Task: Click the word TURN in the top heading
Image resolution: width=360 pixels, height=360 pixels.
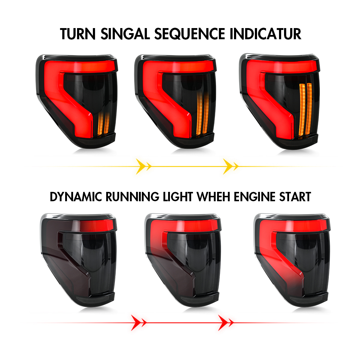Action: pos(78,34)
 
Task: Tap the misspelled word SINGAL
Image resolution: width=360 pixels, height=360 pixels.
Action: pos(125,34)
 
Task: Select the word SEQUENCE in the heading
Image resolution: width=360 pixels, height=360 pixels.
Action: pos(190,34)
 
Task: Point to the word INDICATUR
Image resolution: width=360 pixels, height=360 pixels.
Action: pos(265,34)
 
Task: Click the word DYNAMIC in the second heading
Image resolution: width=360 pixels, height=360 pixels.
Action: pos(76,197)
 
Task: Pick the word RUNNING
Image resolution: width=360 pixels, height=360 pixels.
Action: pos(132,197)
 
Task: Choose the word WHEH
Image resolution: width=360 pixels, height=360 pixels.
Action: pos(213,197)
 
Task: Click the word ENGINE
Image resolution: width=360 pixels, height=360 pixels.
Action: pos(255,197)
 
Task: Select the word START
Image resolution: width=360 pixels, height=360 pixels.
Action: pos(295,197)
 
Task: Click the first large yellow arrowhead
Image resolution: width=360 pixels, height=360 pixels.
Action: pos(141,166)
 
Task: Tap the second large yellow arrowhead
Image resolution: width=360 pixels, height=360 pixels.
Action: pos(228,166)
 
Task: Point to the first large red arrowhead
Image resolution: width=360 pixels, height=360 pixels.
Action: pos(136,323)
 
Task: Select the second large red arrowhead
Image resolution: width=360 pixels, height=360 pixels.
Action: pos(223,323)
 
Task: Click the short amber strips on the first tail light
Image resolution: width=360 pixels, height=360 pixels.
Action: pos(103,124)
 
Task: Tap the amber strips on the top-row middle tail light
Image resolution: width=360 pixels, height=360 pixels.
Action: pos(203,114)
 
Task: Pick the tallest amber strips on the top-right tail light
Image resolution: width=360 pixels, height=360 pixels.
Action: pos(306,110)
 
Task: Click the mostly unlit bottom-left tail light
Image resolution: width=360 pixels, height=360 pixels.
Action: pos(78,260)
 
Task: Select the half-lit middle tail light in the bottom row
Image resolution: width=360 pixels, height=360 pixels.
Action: pos(183,260)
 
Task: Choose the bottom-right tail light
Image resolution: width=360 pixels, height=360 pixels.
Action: pos(292,260)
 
